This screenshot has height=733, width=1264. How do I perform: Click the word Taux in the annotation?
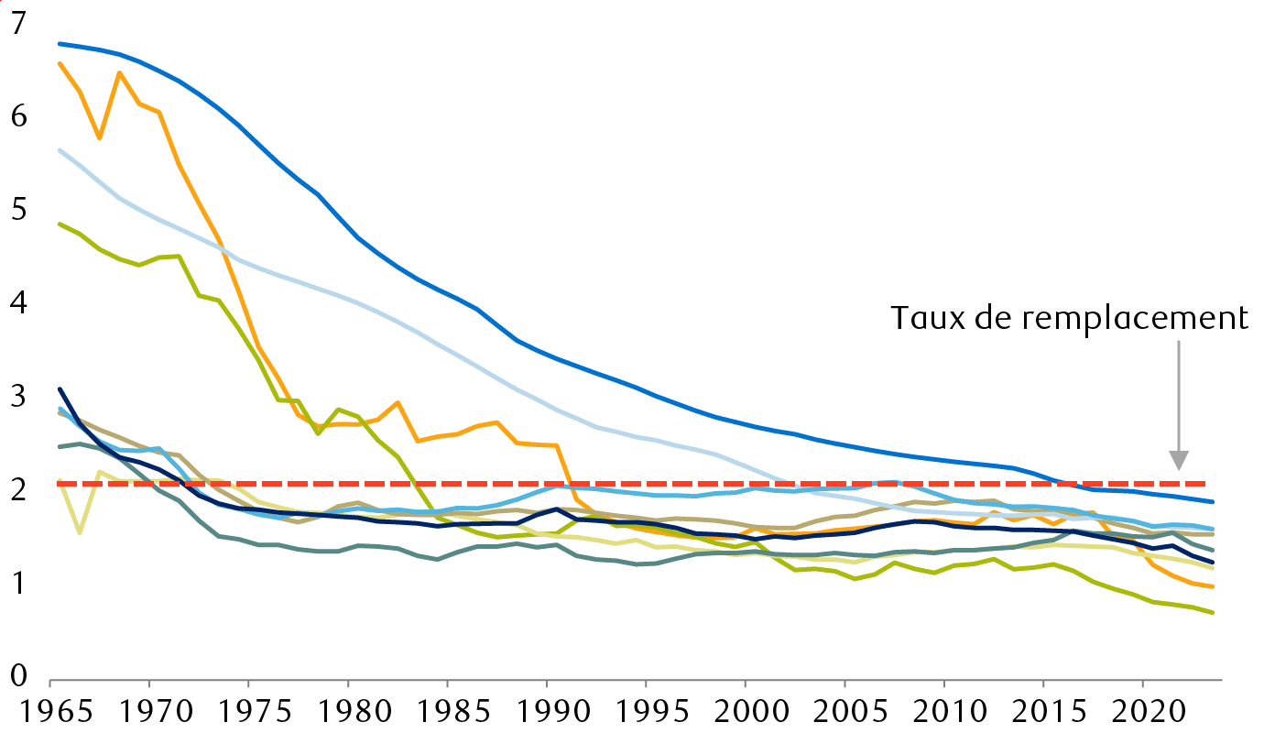coord(926,318)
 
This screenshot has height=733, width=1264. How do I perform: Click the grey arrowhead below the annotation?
coord(1179,460)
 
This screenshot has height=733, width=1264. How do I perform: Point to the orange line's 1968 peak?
coord(119,72)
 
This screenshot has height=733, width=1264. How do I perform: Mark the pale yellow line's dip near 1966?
coord(80,532)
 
